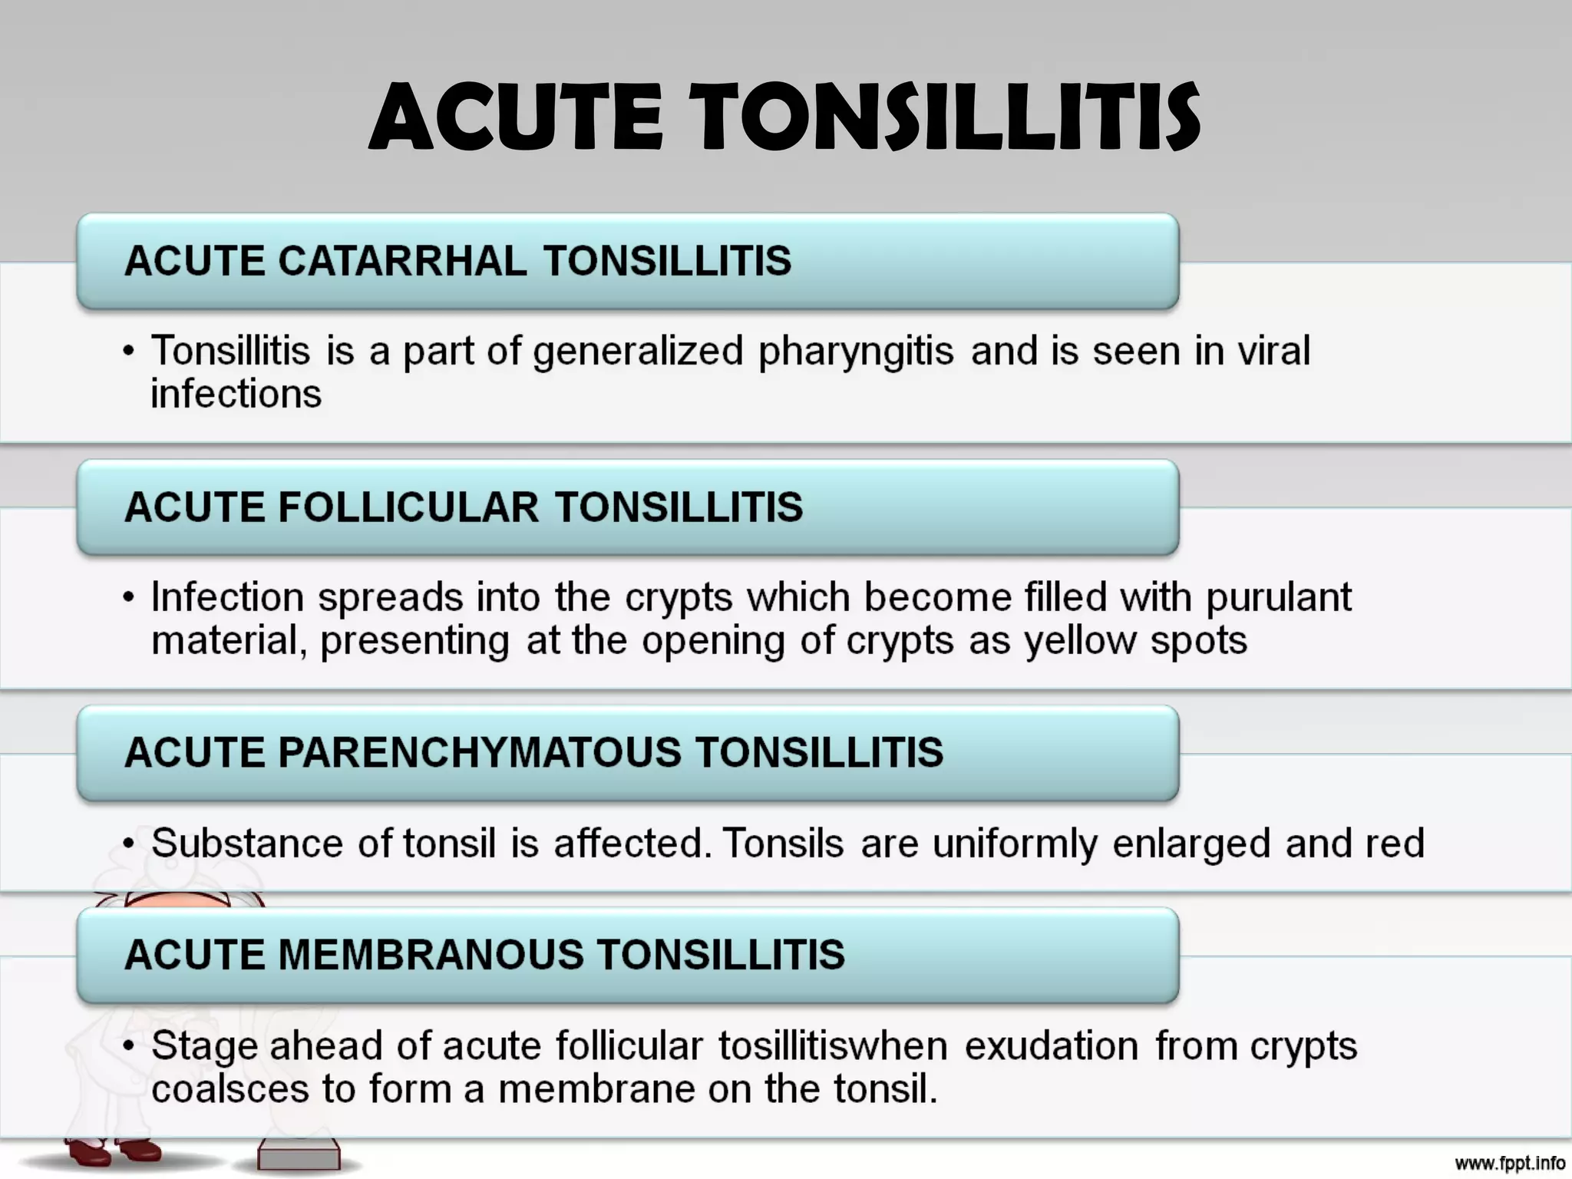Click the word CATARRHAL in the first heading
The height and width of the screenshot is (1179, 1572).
tap(401, 261)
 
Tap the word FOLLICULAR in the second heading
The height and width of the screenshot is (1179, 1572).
tap(408, 507)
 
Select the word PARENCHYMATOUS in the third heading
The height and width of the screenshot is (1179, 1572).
tap(479, 752)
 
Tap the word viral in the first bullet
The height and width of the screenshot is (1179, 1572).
tap(1273, 351)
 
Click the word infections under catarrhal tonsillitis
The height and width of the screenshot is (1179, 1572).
tap(236, 395)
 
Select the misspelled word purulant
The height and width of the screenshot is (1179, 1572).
tap(1279, 598)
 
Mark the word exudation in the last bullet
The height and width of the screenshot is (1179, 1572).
tap(1052, 1046)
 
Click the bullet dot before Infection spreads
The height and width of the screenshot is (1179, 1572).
tap(129, 598)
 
